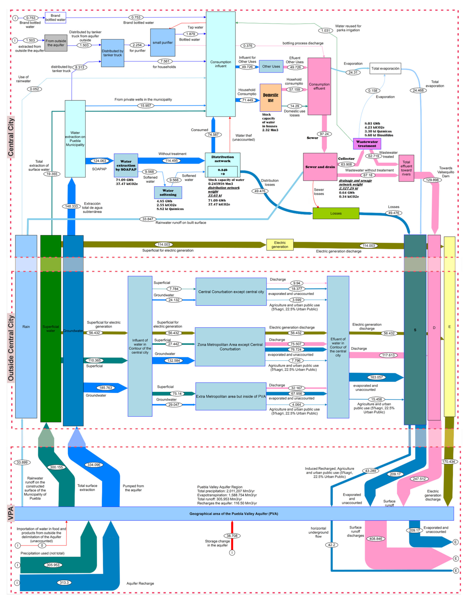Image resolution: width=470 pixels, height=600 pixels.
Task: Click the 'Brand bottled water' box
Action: (x=55, y=18)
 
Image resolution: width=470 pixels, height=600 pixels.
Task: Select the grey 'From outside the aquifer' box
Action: (x=56, y=43)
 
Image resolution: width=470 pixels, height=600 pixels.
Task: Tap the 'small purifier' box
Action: (x=163, y=43)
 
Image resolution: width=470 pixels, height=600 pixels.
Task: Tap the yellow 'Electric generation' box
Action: (x=280, y=245)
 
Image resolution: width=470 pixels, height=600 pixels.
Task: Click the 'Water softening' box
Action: (x=168, y=193)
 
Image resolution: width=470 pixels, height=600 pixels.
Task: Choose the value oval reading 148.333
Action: (x=71, y=206)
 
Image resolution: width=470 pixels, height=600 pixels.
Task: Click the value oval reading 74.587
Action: (x=213, y=134)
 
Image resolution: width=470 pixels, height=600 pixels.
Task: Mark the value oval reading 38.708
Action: (x=232, y=536)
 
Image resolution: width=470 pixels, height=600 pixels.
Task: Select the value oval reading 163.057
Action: (x=376, y=377)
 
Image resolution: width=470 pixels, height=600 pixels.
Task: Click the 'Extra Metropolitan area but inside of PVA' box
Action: (x=231, y=396)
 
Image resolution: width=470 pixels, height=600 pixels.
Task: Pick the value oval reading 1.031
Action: (x=326, y=31)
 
